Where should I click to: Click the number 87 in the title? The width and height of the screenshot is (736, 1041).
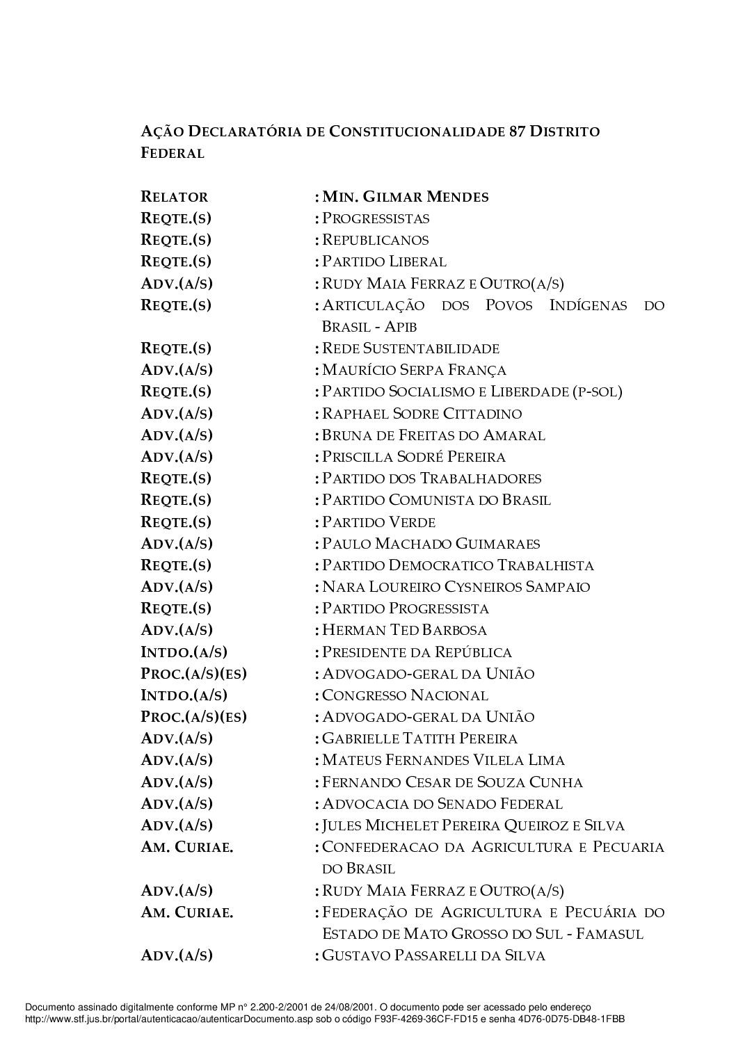tap(515, 131)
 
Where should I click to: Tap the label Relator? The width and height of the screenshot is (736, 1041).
tap(175, 197)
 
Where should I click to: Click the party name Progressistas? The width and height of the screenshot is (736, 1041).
tap(376, 218)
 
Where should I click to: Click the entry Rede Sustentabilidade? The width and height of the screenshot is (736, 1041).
tap(410, 348)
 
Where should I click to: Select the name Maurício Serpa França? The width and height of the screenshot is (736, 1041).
tap(414, 370)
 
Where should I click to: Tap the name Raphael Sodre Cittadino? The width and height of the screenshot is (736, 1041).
tap(422, 414)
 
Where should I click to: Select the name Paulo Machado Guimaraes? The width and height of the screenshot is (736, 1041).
tap(431, 544)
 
